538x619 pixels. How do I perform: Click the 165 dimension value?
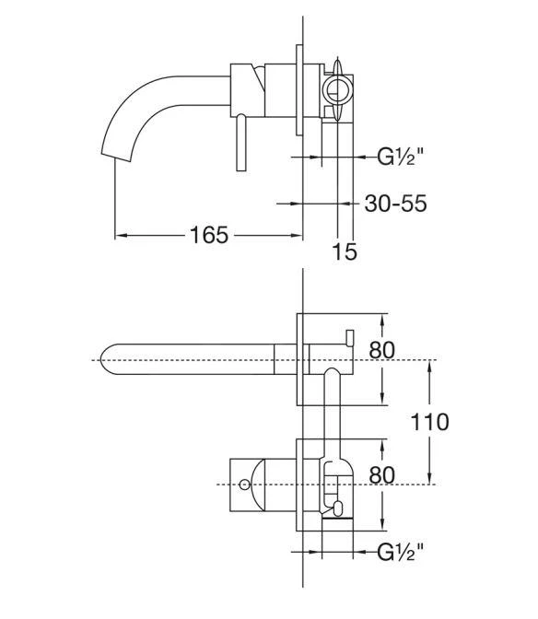pyautogui.click(x=209, y=235)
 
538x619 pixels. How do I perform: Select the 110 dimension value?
pyautogui.click(x=431, y=422)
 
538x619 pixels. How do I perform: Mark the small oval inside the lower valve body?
pyautogui.click(x=338, y=508)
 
